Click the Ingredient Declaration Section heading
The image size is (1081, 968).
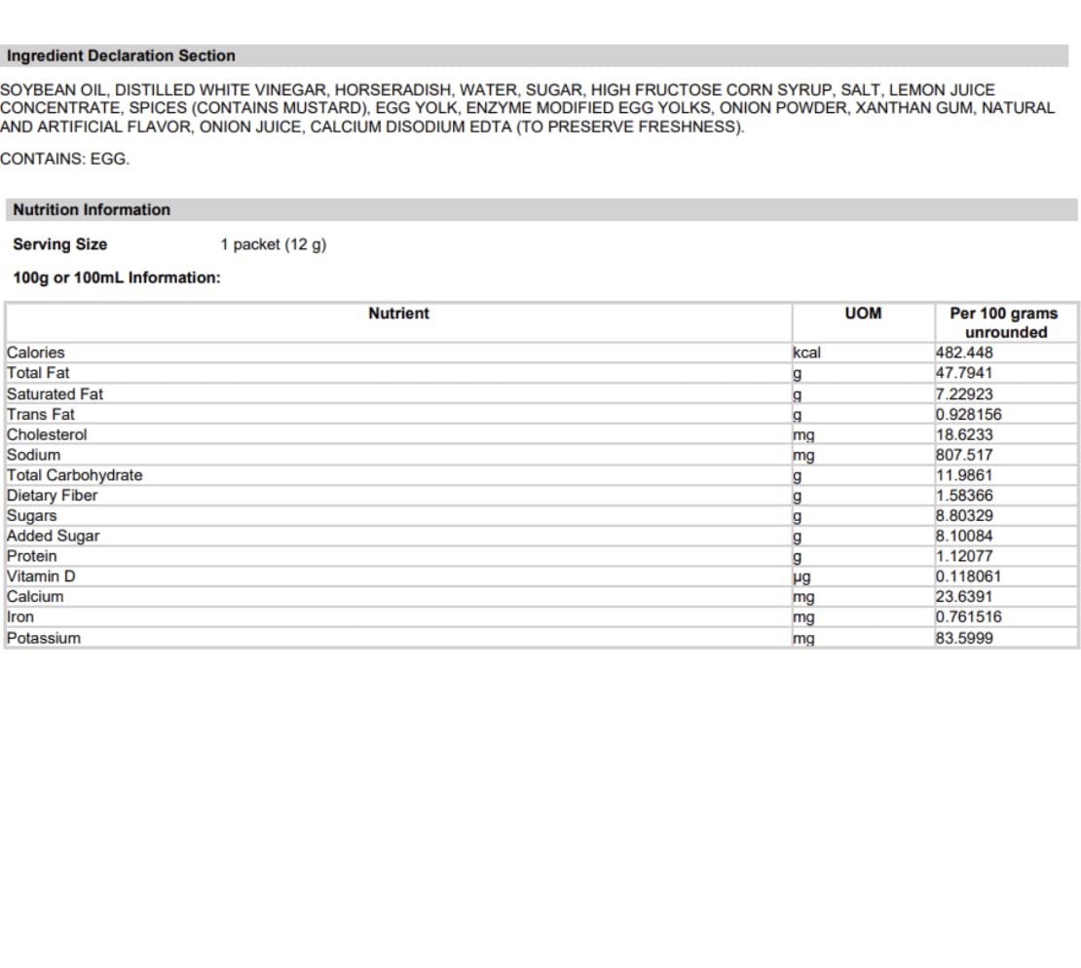click(121, 56)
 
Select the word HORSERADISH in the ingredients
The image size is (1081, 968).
click(392, 90)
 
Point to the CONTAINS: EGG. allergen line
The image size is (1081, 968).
click(64, 159)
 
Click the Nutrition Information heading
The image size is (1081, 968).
click(92, 210)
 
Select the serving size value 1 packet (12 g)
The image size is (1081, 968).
click(273, 244)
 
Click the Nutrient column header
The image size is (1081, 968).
click(398, 314)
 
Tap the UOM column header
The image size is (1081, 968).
click(863, 314)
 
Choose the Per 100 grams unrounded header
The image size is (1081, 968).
click(1005, 322)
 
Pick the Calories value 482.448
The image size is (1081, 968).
click(964, 353)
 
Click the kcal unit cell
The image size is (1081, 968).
click(807, 353)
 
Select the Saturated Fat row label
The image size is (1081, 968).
click(55, 394)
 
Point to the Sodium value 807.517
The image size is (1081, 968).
click(964, 455)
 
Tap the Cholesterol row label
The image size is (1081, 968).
click(47, 434)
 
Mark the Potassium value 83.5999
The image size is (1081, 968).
click(964, 638)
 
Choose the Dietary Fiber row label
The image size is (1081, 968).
click(52, 496)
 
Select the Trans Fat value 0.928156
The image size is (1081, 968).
click(968, 414)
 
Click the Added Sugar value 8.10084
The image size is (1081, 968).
click(964, 536)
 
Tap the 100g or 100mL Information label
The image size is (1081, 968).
click(117, 279)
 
